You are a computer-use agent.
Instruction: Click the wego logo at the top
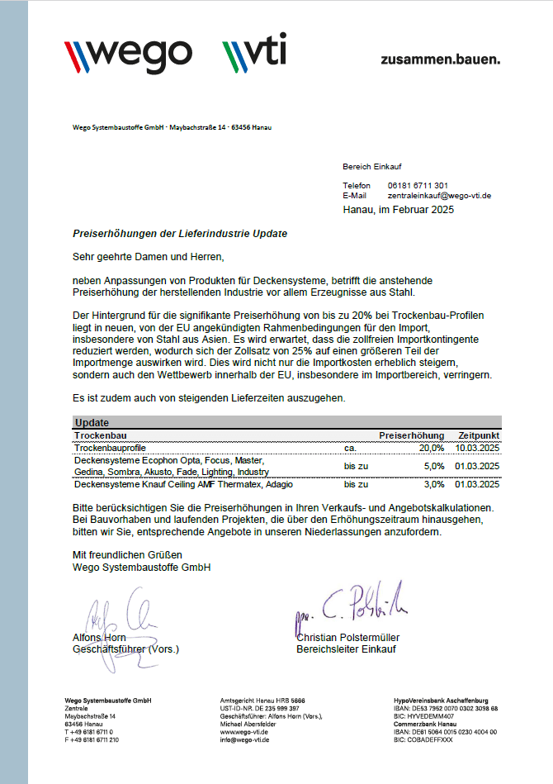128,54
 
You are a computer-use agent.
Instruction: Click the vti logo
254,54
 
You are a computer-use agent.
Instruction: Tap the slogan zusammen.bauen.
440,59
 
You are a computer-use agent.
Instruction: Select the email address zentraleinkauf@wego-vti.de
439,196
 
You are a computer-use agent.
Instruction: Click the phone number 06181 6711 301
418,185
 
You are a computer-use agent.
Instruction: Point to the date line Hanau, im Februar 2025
398,210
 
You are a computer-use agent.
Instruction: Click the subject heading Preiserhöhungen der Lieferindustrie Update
180,234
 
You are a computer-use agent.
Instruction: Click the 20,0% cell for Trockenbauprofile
430,447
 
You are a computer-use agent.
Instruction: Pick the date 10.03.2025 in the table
477,447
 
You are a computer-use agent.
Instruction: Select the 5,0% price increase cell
433,466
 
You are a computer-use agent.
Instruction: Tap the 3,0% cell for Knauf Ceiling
433,484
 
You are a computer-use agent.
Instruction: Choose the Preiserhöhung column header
411,435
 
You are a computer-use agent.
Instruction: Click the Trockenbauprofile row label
109,447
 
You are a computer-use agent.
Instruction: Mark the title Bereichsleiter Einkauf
346,649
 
